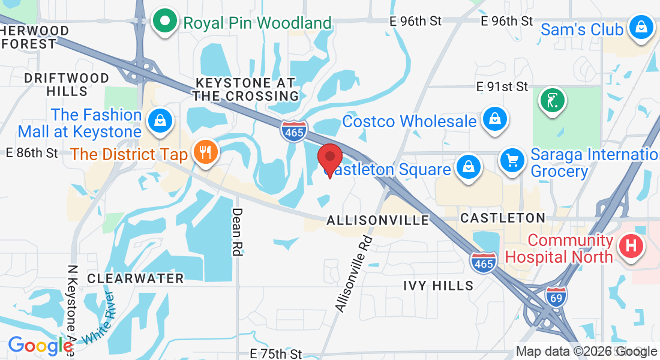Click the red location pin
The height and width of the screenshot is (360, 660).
tap(329, 159)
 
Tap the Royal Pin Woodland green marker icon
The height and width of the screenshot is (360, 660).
tap(164, 22)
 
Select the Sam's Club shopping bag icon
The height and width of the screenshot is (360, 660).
tap(641, 28)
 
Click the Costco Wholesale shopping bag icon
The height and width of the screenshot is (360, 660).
tap(494, 119)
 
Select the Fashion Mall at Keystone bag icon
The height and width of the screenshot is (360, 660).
tap(160, 119)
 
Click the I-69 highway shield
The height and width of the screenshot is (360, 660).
tap(556, 296)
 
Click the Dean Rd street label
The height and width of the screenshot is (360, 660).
tap(237, 232)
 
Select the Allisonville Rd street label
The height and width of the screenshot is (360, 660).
tap(354, 274)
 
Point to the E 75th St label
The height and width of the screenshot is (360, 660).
tap(275, 354)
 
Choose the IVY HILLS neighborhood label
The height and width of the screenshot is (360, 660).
tap(438, 286)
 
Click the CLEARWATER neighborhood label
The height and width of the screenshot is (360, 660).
tap(135, 278)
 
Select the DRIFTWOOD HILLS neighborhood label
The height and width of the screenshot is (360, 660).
tap(67, 85)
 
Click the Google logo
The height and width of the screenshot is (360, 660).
tap(41, 346)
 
